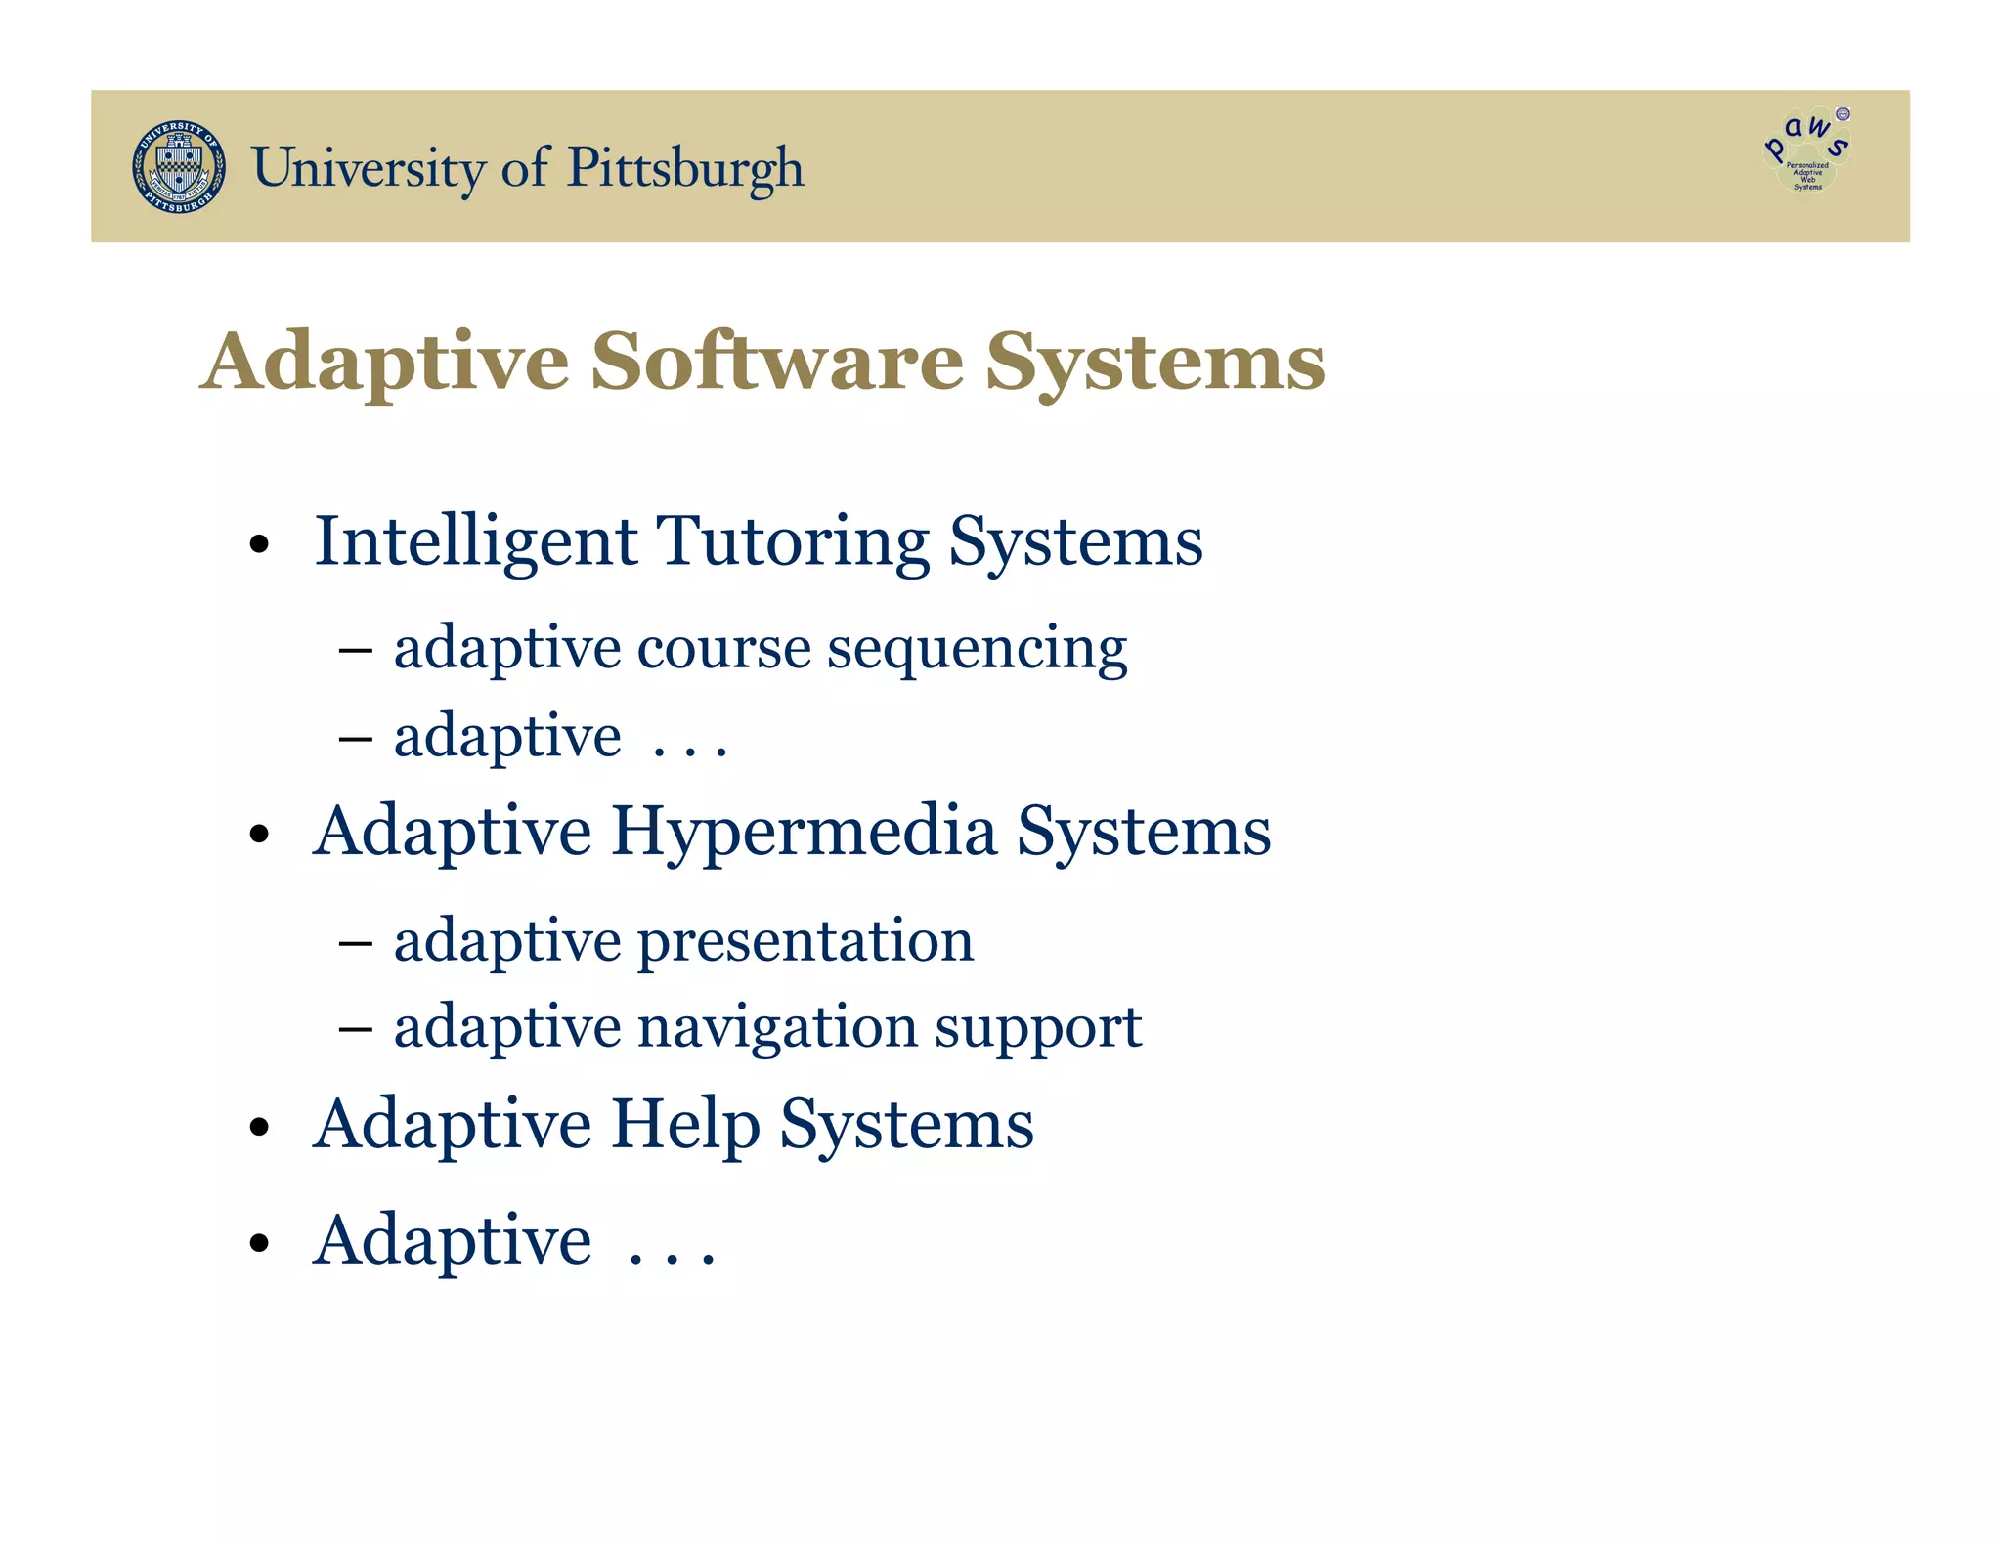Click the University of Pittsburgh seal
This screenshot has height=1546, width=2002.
[179, 167]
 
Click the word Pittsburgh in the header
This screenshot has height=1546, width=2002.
[685, 168]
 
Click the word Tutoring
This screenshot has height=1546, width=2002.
[793, 541]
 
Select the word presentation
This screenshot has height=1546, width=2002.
[805, 941]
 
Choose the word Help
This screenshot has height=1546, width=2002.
[685, 1125]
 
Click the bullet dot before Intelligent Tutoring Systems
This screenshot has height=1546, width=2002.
[258, 544]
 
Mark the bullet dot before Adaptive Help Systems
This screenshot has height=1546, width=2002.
[258, 1127]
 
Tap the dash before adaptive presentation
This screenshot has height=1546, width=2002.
[354, 943]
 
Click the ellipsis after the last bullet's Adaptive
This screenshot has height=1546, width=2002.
[672, 1256]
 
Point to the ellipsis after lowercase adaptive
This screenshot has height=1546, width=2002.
[689, 751]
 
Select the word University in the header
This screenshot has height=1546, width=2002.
[369, 168]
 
